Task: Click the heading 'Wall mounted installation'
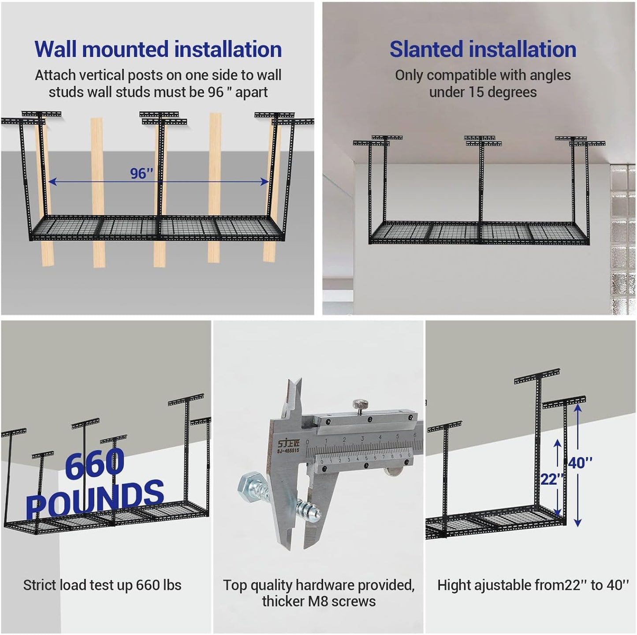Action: pyautogui.click(x=158, y=49)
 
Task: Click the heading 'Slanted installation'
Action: pyautogui.click(x=483, y=49)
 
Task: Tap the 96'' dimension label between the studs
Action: pyautogui.click(x=142, y=174)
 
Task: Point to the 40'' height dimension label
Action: pyautogui.click(x=580, y=463)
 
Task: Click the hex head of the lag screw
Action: pyautogui.click(x=249, y=488)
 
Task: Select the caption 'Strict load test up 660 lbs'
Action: pyautogui.click(x=102, y=585)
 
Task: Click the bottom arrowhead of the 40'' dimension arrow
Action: pyautogui.click(x=578, y=523)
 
